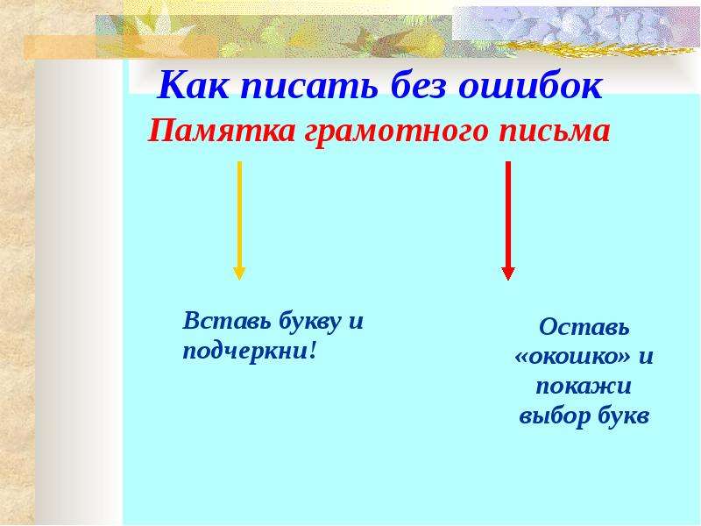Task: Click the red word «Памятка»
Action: point(222,131)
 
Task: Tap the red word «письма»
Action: point(555,131)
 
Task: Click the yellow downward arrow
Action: point(239,220)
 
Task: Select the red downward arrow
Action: point(508,220)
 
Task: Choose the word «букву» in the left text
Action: point(309,322)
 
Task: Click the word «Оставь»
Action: point(584,326)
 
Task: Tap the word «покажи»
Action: point(584,386)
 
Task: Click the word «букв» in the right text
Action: point(623,415)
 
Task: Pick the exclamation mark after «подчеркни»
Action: point(313,349)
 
